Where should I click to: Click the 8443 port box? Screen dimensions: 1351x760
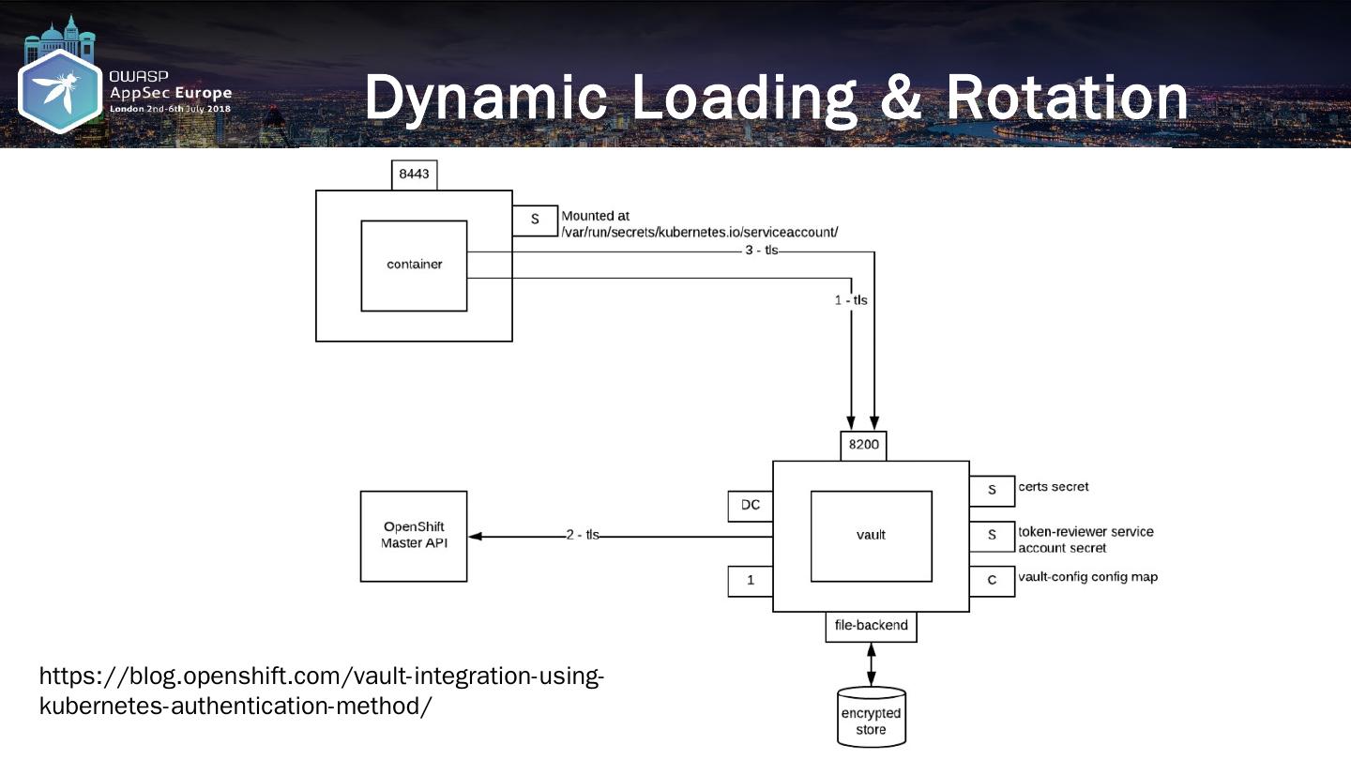pyautogui.click(x=415, y=175)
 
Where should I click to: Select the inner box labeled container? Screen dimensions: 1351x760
pyautogui.click(x=414, y=266)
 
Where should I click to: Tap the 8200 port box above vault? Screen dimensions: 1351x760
pyautogui.click(x=864, y=446)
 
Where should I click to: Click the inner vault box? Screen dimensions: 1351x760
pyautogui.click(x=872, y=537)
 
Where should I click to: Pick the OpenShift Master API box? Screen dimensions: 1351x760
pyautogui.click(x=414, y=537)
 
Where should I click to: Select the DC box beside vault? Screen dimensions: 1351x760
pyautogui.click(x=751, y=506)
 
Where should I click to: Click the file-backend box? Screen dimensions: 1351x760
pyautogui.click(x=872, y=627)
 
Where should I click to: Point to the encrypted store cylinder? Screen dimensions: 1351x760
pyautogui.click(x=872, y=717)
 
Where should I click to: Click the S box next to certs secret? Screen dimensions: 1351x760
pyautogui.click(x=993, y=491)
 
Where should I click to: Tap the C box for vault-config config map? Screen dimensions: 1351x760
pyautogui.click(x=993, y=582)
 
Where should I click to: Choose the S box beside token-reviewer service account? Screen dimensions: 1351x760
pyautogui.click(x=993, y=537)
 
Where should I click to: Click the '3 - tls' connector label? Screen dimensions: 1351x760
pyautogui.click(x=761, y=251)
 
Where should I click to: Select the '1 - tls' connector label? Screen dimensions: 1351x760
pyautogui.click(x=851, y=300)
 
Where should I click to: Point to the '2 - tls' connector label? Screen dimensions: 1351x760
pyautogui.click(x=583, y=535)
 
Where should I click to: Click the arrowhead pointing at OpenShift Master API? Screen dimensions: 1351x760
pyautogui.click(x=475, y=537)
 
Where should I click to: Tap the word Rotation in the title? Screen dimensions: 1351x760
pyautogui.click(x=1067, y=97)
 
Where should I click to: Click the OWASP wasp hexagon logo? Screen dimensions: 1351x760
pyautogui.click(x=60, y=91)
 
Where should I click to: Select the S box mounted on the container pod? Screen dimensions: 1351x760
pyautogui.click(x=535, y=220)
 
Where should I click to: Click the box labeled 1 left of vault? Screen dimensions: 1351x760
pyautogui.click(x=751, y=582)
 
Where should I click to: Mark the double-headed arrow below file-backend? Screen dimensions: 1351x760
pyautogui.click(x=872, y=664)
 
